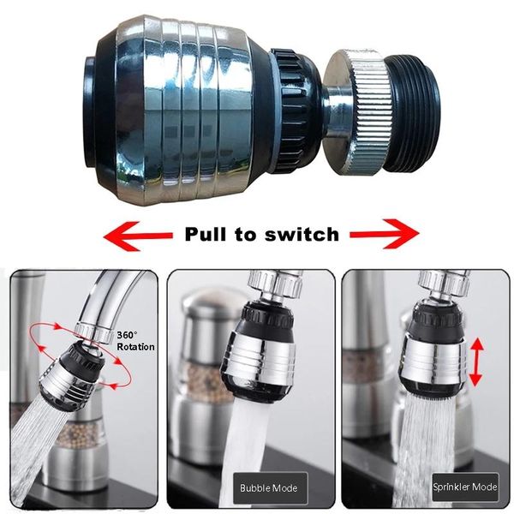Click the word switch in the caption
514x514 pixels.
[x=301, y=233]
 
